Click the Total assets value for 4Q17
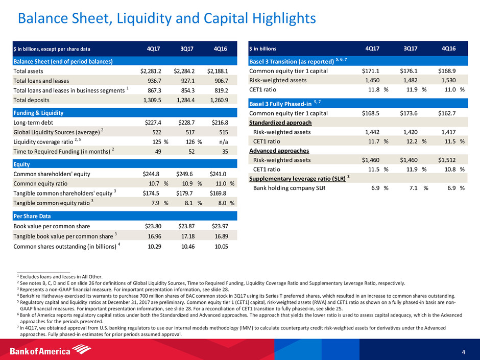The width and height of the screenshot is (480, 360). pos(151,71)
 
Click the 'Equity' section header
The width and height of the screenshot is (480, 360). pos(23,164)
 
